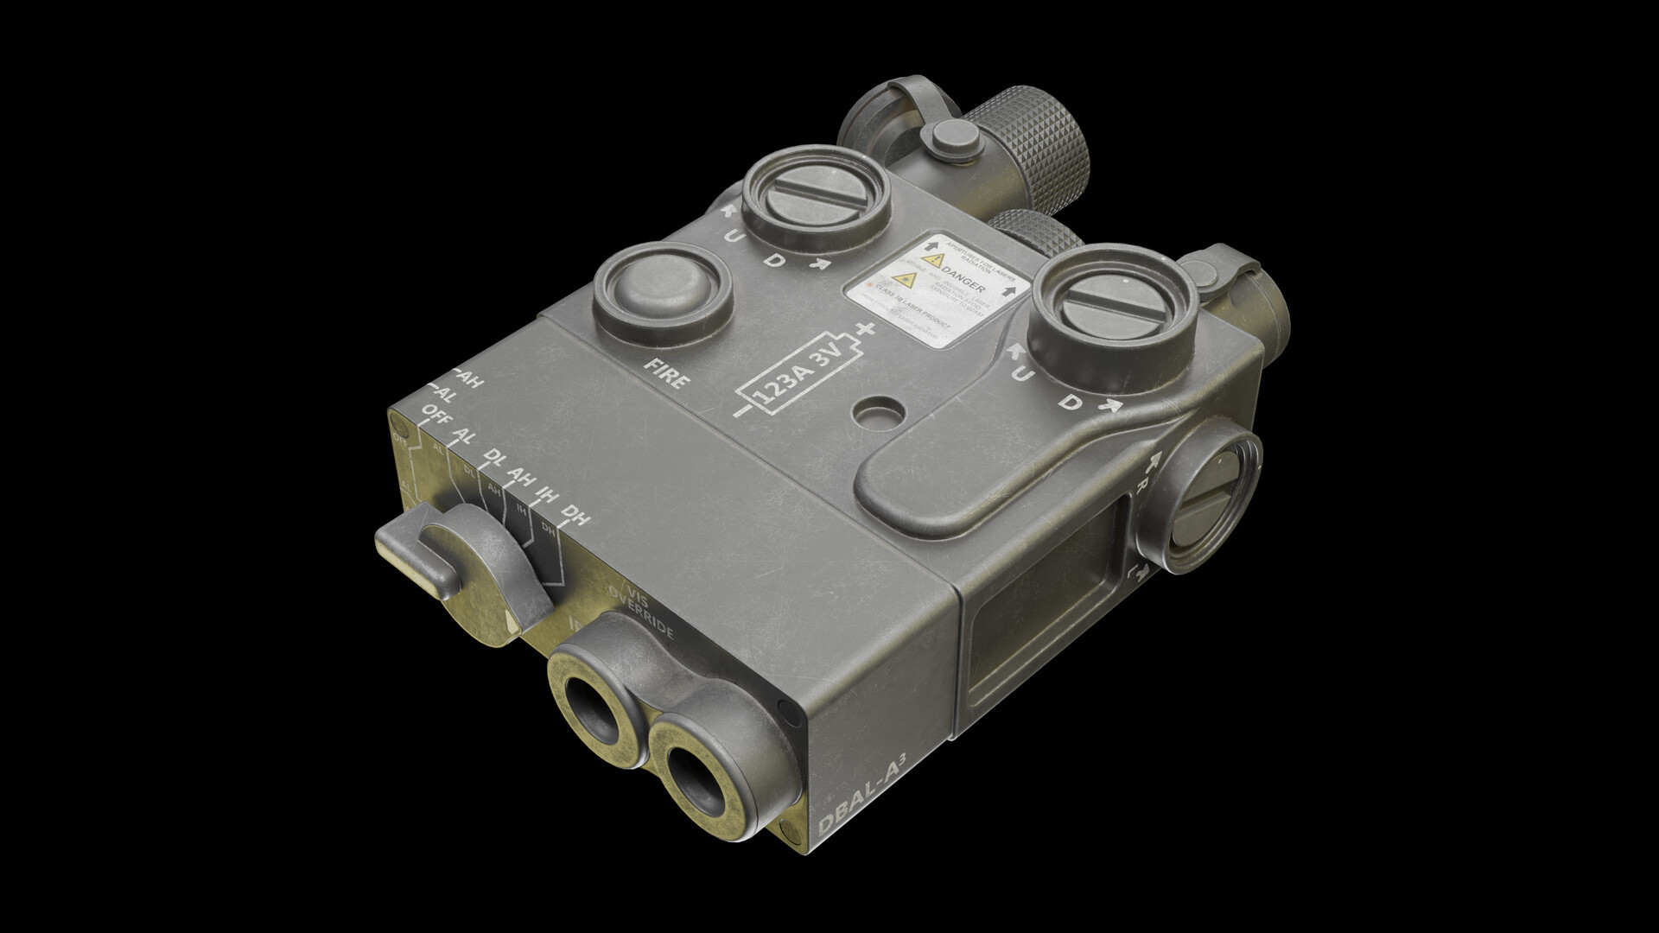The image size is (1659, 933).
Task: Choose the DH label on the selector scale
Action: (x=575, y=518)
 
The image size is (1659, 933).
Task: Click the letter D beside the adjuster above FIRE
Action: (x=778, y=260)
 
